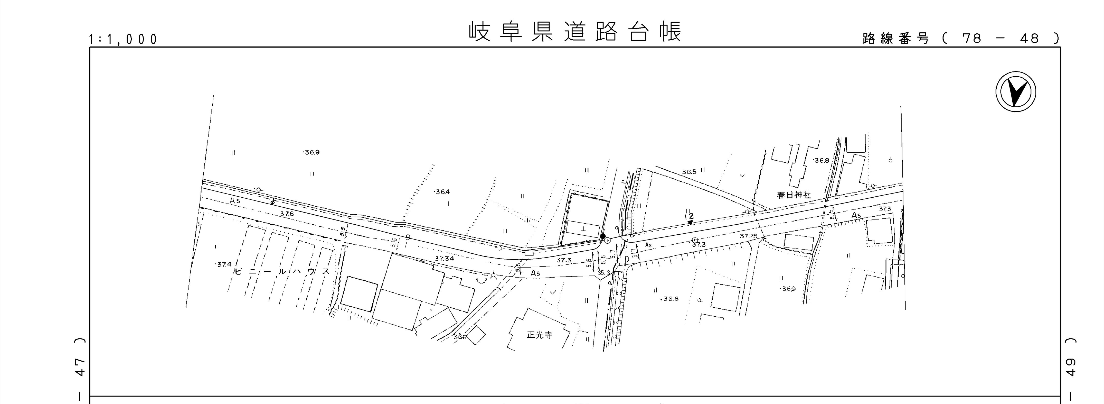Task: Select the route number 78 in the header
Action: coord(971,39)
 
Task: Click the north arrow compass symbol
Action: coord(1015,93)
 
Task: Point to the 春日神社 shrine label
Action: coord(794,195)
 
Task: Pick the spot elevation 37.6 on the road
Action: coord(287,214)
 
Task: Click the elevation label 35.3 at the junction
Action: coord(603,272)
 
